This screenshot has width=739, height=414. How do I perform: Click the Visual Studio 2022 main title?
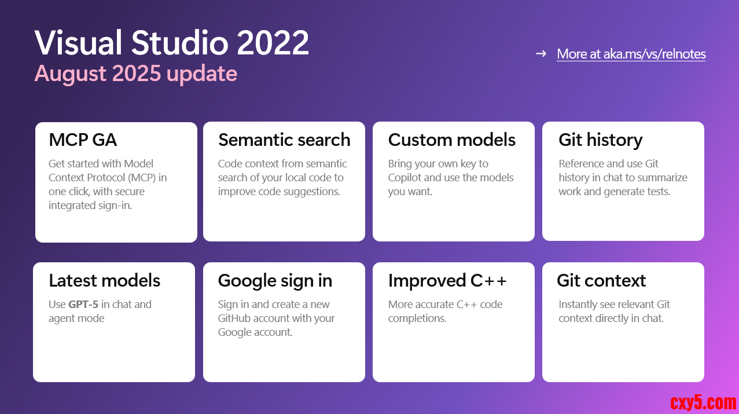pos(171,43)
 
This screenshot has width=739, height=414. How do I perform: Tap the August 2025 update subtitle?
pos(136,74)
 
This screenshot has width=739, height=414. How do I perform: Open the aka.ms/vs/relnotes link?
pos(631,54)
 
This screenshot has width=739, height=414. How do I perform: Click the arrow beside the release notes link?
pos(541,53)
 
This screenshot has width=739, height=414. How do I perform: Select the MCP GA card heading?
pos(83,140)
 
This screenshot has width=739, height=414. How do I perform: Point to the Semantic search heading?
pos(284,140)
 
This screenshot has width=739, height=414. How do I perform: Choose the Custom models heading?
pos(451,140)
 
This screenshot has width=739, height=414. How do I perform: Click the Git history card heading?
pos(601,140)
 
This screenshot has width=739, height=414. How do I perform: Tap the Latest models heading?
pos(104,281)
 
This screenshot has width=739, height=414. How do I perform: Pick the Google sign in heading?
pos(275,281)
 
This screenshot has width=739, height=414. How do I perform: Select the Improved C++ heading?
pos(447,281)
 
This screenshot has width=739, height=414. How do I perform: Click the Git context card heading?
pos(601,281)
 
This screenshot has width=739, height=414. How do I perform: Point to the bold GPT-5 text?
pos(83,305)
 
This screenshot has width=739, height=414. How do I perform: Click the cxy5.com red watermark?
pos(703,402)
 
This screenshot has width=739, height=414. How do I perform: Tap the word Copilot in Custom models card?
pos(405,178)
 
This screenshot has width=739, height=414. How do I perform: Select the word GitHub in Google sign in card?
pos(235,318)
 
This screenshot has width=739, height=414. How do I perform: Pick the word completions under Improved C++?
pos(417,318)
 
